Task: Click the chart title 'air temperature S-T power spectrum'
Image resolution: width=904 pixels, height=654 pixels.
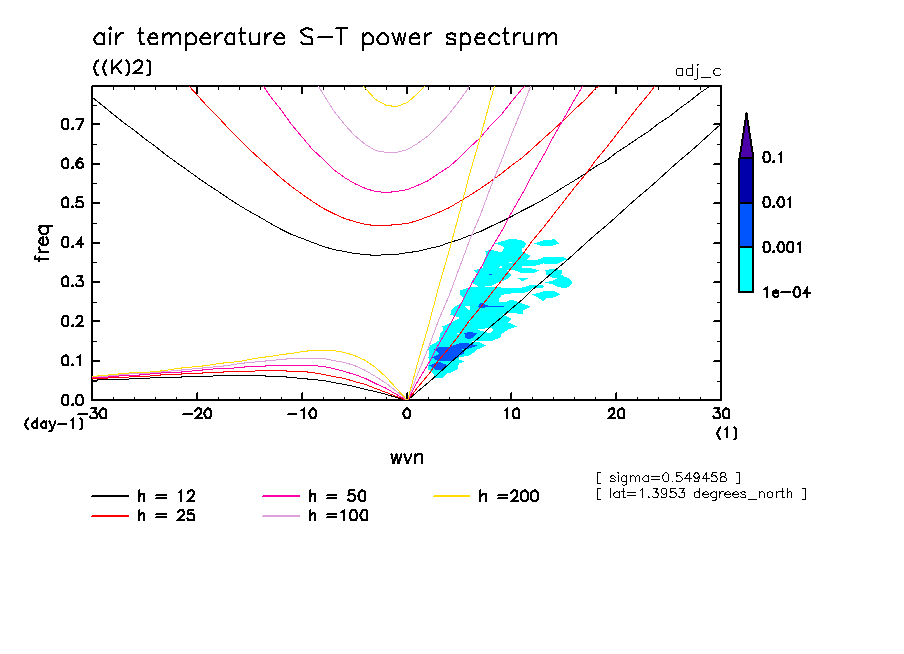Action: [325, 38]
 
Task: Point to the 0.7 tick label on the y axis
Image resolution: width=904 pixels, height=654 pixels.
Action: [70, 125]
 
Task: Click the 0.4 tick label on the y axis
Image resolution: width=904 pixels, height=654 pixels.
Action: [70, 243]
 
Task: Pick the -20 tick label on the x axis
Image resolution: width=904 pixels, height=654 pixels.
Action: [197, 414]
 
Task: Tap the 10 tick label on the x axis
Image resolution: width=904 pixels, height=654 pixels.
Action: [511, 414]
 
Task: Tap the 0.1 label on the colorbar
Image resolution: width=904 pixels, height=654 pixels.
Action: [772, 158]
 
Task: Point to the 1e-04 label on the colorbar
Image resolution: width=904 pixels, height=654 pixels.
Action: [785, 293]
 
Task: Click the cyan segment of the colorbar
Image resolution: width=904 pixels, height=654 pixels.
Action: [746, 269]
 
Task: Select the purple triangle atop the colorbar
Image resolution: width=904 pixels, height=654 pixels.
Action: [746, 138]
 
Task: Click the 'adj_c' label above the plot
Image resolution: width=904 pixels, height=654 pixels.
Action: [696, 70]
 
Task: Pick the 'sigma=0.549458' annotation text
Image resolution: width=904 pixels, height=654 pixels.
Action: [667, 475]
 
